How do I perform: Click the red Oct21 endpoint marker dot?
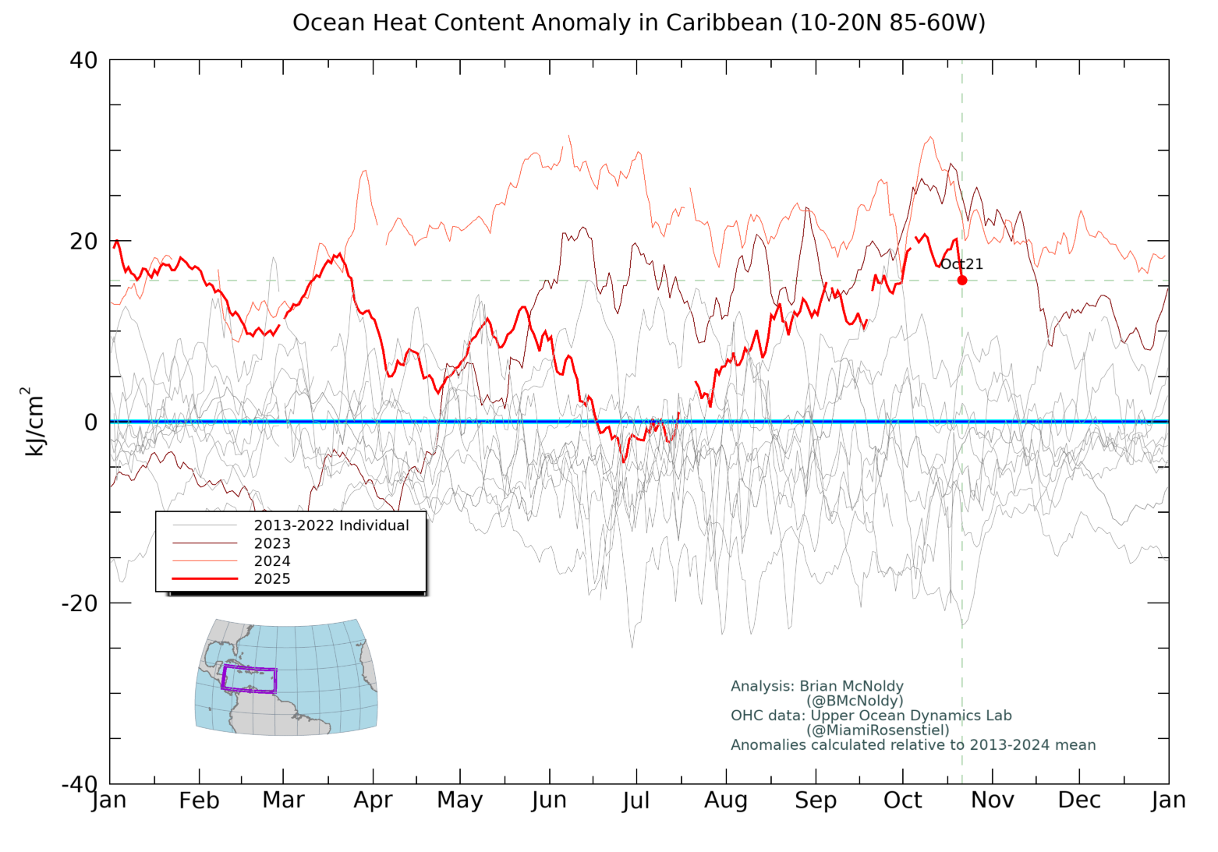pos(962,280)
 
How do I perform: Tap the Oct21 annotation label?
pos(961,264)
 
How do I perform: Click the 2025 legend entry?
pos(271,578)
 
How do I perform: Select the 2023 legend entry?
pos(271,543)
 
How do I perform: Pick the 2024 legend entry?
pos(271,561)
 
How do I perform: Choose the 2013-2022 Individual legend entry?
pos(331,525)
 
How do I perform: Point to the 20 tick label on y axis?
pos(83,242)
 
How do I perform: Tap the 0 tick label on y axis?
pos(90,422)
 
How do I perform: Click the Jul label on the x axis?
pos(636,801)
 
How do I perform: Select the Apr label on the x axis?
pos(373,801)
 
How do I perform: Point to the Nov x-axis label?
pos(993,801)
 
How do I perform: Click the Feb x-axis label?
pos(199,801)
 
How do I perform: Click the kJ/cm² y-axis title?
pos(34,422)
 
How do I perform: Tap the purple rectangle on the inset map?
pos(249,679)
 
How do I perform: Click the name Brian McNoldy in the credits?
pos(852,687)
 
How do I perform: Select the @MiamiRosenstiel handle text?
pos(878,730)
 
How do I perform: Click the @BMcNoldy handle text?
pos(855,701)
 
